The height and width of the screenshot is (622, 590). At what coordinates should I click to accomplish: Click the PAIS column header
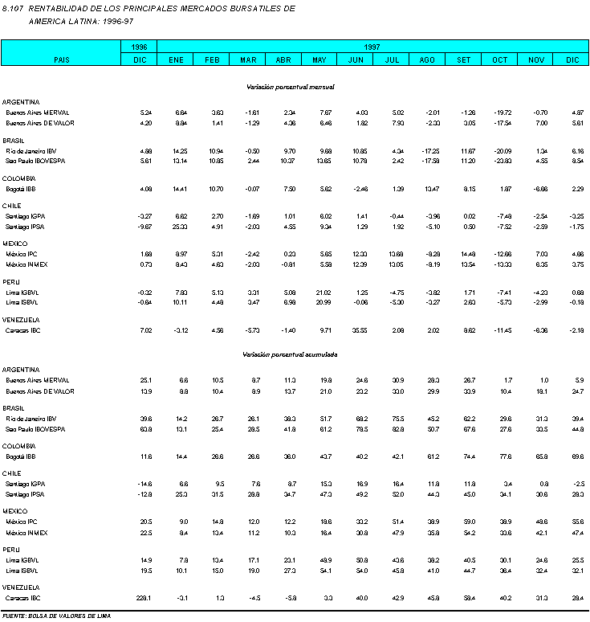[61, 59]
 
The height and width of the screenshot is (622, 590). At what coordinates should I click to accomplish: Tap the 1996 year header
[140, 47]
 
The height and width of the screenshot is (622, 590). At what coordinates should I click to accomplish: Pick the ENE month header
[176, 59]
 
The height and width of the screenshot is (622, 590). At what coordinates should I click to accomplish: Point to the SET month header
[465, 59]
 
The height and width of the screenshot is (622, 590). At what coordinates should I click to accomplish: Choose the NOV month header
[536, 59]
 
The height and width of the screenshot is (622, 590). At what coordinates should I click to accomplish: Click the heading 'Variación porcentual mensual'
[291, 86]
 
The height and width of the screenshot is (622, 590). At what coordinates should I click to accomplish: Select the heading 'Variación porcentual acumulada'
[291, 354]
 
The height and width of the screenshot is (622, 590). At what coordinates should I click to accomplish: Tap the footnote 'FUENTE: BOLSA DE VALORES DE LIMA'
[55, 615]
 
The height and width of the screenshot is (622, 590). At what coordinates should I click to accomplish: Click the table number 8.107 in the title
[14, 7]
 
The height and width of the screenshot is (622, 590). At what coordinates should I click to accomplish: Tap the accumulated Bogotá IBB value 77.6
[503, 456]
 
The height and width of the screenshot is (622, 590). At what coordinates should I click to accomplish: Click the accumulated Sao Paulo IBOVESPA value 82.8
[395, 429]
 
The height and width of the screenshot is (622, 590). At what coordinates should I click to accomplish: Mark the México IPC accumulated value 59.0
[467, 522]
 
